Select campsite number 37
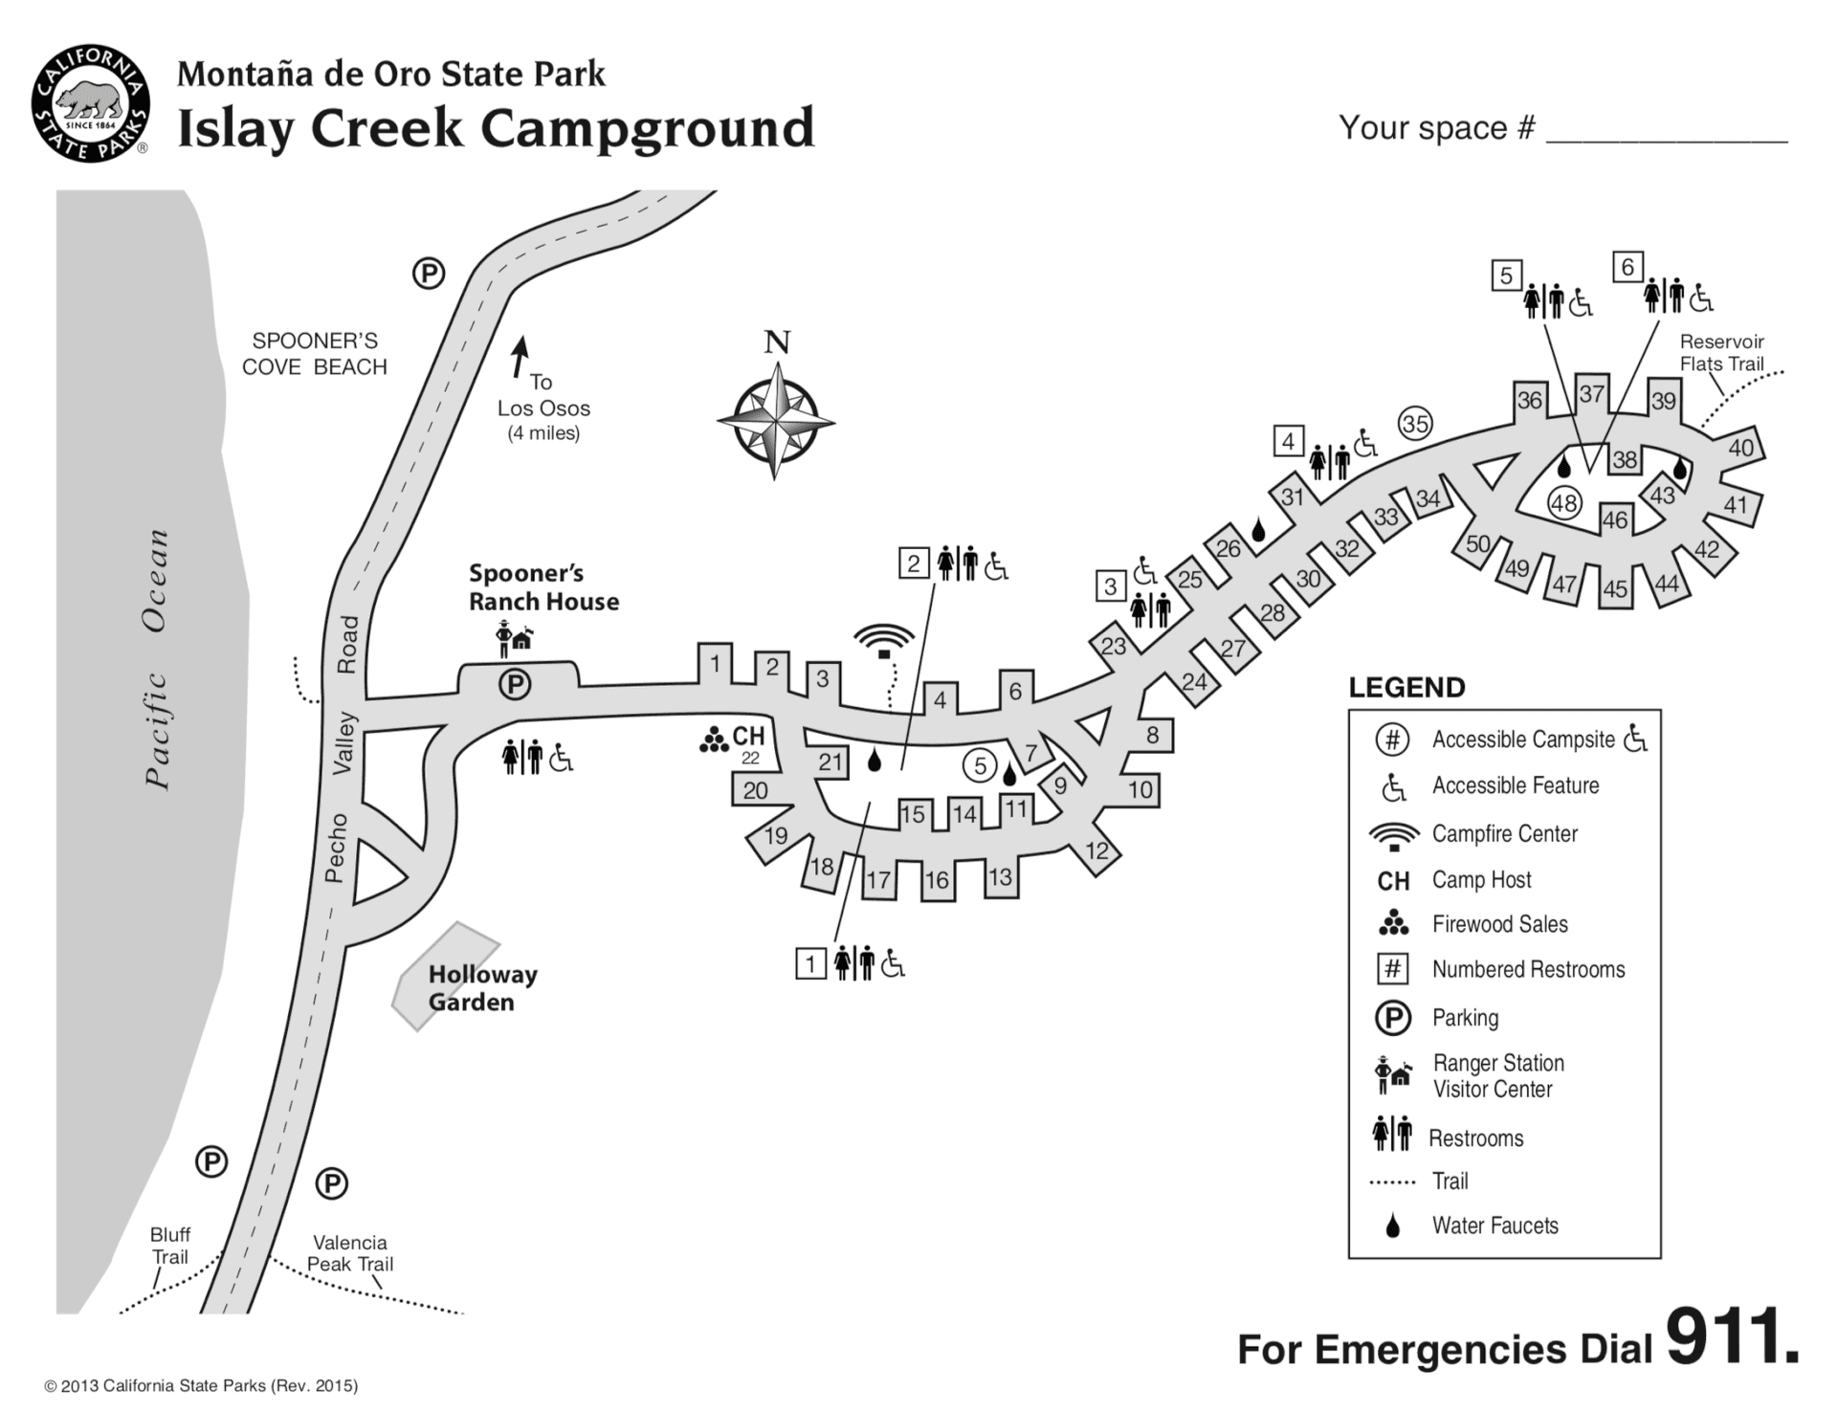1591,393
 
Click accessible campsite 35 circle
1415,423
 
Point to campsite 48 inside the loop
1564,503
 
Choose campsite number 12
1096,851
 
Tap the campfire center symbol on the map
884,639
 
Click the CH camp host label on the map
748,735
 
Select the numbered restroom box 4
1288,441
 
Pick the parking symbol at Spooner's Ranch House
515,684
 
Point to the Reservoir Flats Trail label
1721,352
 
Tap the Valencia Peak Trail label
350,1253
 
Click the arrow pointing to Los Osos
520,356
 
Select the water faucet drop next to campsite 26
1258,530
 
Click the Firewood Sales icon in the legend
1393,923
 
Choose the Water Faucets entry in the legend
1494,1226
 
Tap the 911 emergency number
1732,1337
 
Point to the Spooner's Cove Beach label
314,354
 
